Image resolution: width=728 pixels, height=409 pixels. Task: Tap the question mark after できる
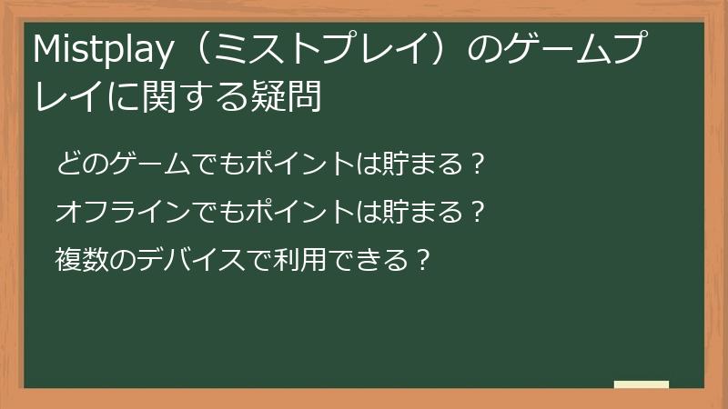point(420,261)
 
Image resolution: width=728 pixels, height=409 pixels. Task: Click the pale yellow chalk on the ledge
point(641,384)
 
